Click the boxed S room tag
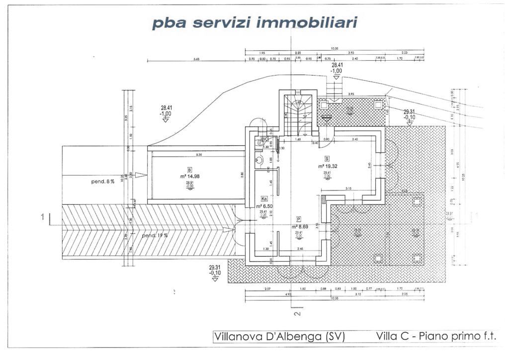coord(327,158)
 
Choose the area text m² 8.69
coord(299,226)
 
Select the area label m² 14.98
coord(190,176)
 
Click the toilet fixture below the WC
coord(258,160)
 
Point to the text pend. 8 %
coord(103,182)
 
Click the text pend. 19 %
coord(155,235)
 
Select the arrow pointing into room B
coord(141,175)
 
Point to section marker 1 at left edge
coord(43,216)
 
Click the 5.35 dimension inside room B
coord(199,155)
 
